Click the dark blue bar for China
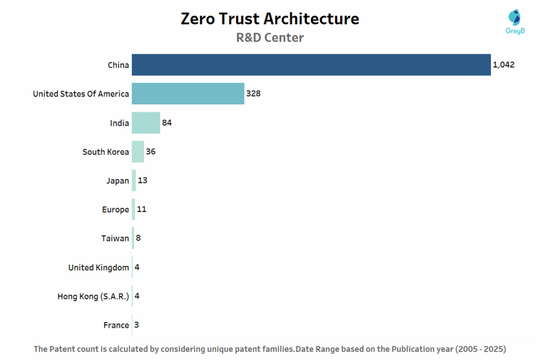pyautogui.click(x=311, y=65)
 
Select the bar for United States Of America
pyautogui.click(x=188, y=94)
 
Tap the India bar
pyautogui.click(x=146, y=123)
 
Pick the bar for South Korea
pyautogui.click(x=138, y=152)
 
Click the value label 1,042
pyautogui.click(x=503, y=65)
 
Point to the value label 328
pyautogui.click(x=253, y=94)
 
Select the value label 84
pyautogui.click(x=167, y=123)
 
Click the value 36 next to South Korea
pyautogui.click(x=151, y=152)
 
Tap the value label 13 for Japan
pyautogui.click(x=142, y=181)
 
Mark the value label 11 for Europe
pyautogui.click(x=141, y=209)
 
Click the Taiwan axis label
pyautogui.click(x=115, y=238)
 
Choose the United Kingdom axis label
pyautogui.click(x=99, y=267)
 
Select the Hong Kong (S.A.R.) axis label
pyautogui.click(x=93, y=296)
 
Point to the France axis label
pyautogui.click(x=116, y=325)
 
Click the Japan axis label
pyautogui.click(x=118, y=181)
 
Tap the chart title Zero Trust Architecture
pyautogui.click(x=269, y=18)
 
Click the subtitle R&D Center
pyautogui.click(x=269, y=38)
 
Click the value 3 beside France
pyautogui.click(x=137, y=325)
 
